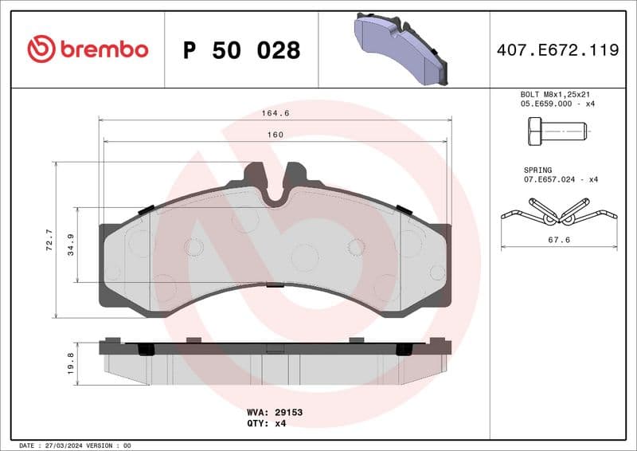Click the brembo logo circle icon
coord(41,49)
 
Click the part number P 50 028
coord(241,50)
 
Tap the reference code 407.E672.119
coord(557,50)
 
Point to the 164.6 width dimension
coord(276,113)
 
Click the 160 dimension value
coord(275,135)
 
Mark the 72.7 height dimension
coord(49,240)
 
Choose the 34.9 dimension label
coord(71,244)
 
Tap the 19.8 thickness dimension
coord(71,363)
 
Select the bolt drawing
coord(557,130)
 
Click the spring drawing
coord(558,211)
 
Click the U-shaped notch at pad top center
coord(275,191)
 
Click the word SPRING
coord(537,170)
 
